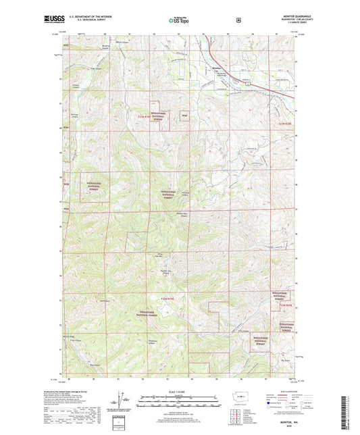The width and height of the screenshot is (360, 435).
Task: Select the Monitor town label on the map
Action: point(215,68)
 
